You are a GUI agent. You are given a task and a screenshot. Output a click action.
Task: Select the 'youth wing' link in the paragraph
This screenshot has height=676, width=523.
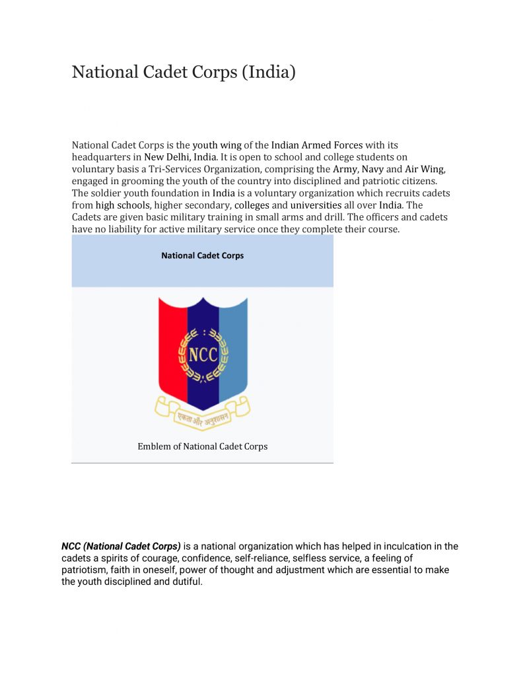(x=217, y=145)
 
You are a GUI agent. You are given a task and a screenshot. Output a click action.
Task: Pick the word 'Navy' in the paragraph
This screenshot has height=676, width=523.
(x=372, y=169)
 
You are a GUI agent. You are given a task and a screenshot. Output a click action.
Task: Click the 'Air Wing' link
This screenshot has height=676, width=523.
(x=425, y=169)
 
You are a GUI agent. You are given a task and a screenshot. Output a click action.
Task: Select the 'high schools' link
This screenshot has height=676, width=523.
(x=123, y=205)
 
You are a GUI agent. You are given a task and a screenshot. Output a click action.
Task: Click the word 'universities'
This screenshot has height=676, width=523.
(x=316, y=205)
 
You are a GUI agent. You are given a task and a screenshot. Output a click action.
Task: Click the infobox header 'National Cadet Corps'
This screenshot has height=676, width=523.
(x=202, y=255)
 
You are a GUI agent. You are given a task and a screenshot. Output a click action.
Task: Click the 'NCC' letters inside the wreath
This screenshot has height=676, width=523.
(x=203, y=355)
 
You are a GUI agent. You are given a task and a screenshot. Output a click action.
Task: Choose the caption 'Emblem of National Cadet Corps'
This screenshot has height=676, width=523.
(x=202, y=446)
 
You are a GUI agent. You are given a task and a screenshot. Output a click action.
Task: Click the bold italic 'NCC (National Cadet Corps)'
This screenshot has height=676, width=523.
(x=121, y=547)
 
